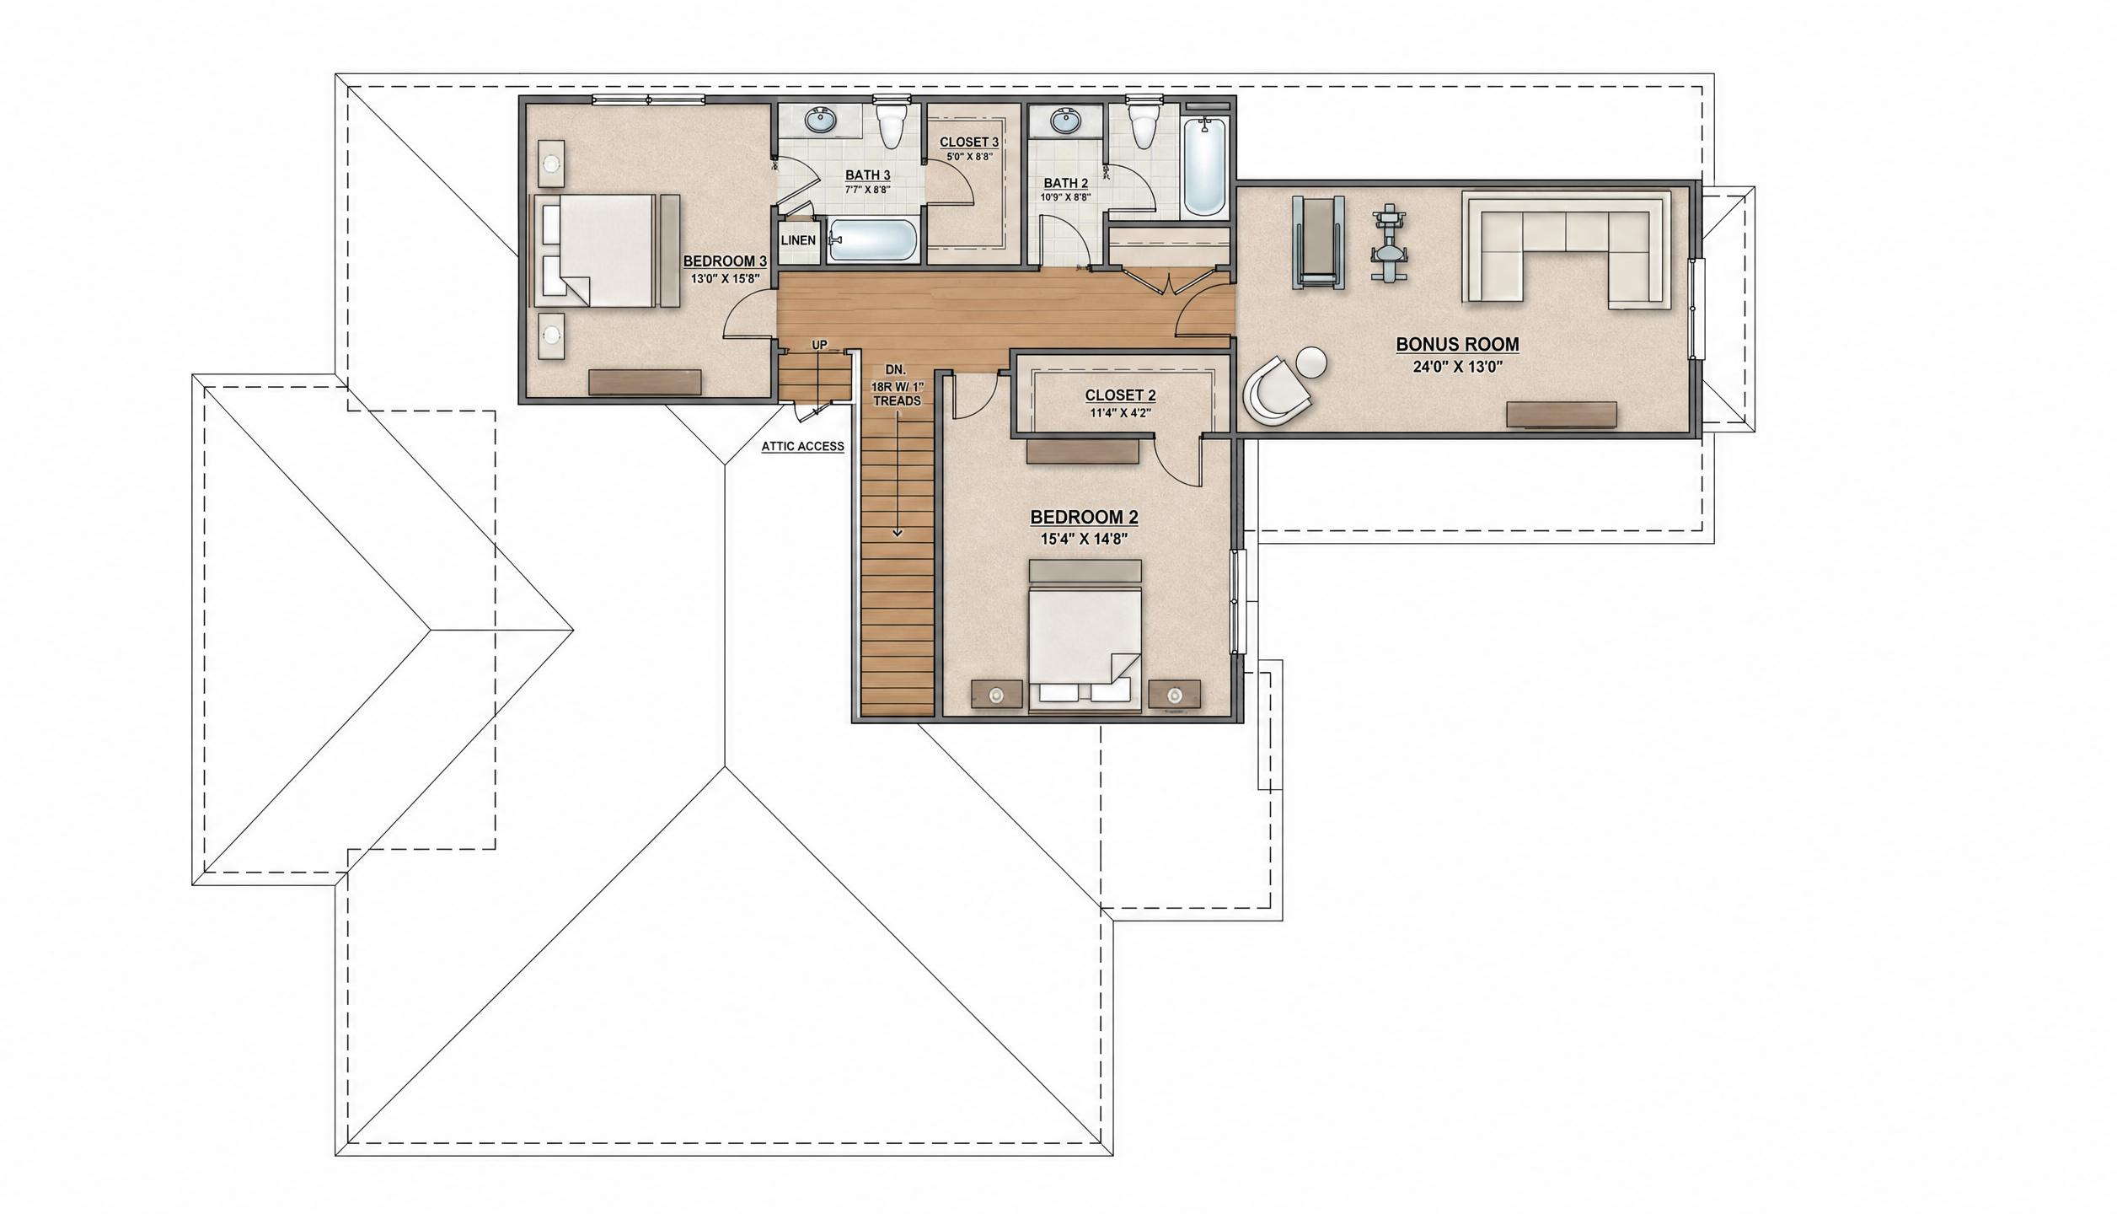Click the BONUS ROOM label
coord(1457,345)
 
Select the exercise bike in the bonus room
coord(1389,244)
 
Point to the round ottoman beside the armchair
coord(1311,363)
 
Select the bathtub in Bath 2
coord(1205,167)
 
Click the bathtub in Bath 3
coord(872,241)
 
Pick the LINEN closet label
coord(798,240)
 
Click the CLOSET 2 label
coord(1120,395)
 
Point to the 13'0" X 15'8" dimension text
coord(726,278)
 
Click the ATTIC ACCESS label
coord(802,447)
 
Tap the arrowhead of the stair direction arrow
coord(898,533)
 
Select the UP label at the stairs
coord(819,345)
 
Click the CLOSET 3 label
coord(969,142)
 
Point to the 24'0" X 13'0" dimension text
coord(1457,368)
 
